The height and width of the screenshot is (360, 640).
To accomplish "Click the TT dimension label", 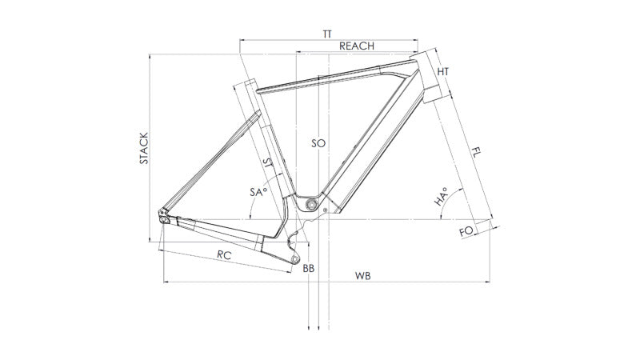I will pyautogui.click(x=327, y=34).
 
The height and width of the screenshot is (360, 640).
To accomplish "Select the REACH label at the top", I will pyautogui.click(x=356, y=46).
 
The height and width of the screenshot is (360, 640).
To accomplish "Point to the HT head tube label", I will pyautogui.click(x=444, y=72).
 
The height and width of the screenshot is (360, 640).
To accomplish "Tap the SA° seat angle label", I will pyautogui.click(x=258, y=192).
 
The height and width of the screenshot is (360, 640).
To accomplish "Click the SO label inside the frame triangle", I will pyautogui.click(x=318, y=143).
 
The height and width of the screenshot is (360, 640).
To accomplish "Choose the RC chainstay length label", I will pyautogui.click(x=225, y=254).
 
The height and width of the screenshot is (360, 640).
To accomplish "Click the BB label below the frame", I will pyautogui.click(x=309, y=268).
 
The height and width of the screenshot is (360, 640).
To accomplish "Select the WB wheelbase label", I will pyautogui.click(x=362, y=275).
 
